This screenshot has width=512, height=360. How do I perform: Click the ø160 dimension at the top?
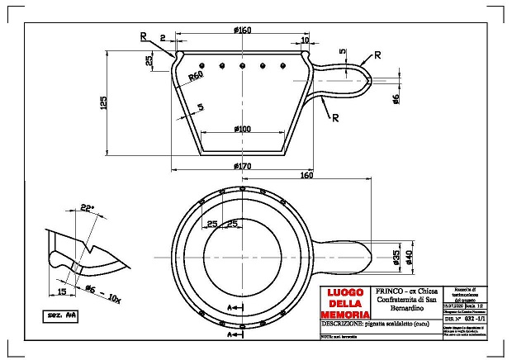pos(242,31)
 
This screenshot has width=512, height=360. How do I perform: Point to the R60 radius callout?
pos(196,76)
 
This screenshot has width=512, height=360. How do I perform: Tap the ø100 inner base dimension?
pos(242,129)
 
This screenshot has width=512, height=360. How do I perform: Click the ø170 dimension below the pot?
pos(242,166)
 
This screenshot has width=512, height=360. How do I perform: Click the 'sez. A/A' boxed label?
pos(60,315)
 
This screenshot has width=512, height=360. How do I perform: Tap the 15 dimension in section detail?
pos(62,291)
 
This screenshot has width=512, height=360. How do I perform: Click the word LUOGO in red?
pos(345,293)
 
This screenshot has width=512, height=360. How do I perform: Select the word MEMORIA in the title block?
pos(345,315)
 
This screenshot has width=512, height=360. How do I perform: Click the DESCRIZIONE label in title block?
pos(348,326)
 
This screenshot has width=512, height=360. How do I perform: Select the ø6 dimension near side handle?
pos(396,100)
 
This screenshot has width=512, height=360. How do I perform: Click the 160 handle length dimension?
pos(306,176)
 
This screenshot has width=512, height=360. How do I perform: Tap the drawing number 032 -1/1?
pos(472,316)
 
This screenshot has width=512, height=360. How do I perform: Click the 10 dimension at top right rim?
pos(305,40)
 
